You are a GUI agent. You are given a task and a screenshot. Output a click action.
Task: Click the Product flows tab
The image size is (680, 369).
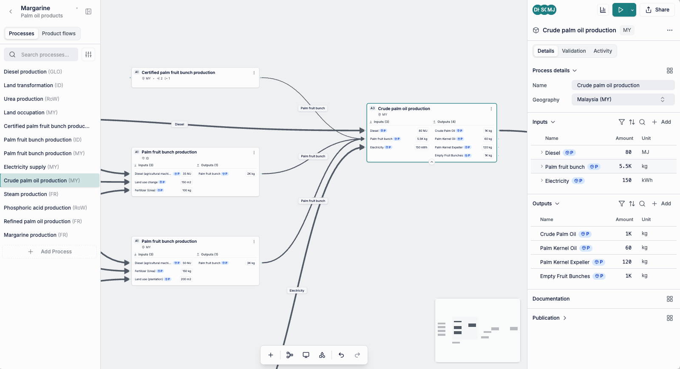click(x=59, y=34)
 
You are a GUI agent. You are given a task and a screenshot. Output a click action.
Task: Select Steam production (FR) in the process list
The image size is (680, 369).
click(x=31, y=194)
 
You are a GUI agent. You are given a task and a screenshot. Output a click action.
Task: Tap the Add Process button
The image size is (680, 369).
click(x=50, y=252)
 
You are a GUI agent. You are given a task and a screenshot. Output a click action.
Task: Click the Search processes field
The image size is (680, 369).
click(x=45, y=54)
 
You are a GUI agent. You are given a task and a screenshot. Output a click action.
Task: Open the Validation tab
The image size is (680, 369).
click(x=574, y=51)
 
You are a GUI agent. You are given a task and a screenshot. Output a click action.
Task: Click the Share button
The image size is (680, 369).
click(x=657, y=10)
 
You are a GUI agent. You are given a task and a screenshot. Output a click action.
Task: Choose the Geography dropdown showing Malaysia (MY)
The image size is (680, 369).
click(x=623, y=99)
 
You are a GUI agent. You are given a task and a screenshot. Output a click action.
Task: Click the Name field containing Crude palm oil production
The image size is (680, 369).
click(x=623, y=85)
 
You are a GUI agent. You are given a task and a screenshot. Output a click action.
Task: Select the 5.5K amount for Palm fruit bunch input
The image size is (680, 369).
click(x=625, y=166)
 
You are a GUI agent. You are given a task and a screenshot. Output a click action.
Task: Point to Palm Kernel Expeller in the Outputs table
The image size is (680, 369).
click(x=565, y=262)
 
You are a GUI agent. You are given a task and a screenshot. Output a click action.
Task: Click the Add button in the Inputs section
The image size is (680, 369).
click(x=661, y=122)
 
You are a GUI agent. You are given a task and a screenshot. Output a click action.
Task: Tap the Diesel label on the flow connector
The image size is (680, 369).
click(x=180, y=125)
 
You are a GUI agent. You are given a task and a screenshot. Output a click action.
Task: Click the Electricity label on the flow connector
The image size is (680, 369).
click(x=297, y=291)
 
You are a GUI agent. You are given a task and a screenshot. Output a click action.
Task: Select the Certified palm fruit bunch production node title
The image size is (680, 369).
click(x=178, y=73)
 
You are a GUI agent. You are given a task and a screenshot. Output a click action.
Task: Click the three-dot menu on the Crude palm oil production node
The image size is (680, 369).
click(x=491, y=109)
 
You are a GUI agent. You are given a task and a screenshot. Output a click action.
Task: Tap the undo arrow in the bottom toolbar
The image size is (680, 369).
click(x=341, y=355)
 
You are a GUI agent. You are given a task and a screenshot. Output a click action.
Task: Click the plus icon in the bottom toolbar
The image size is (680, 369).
click(x=271, y=355)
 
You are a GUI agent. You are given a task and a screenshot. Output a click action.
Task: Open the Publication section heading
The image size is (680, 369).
click(x=546, y=318)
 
